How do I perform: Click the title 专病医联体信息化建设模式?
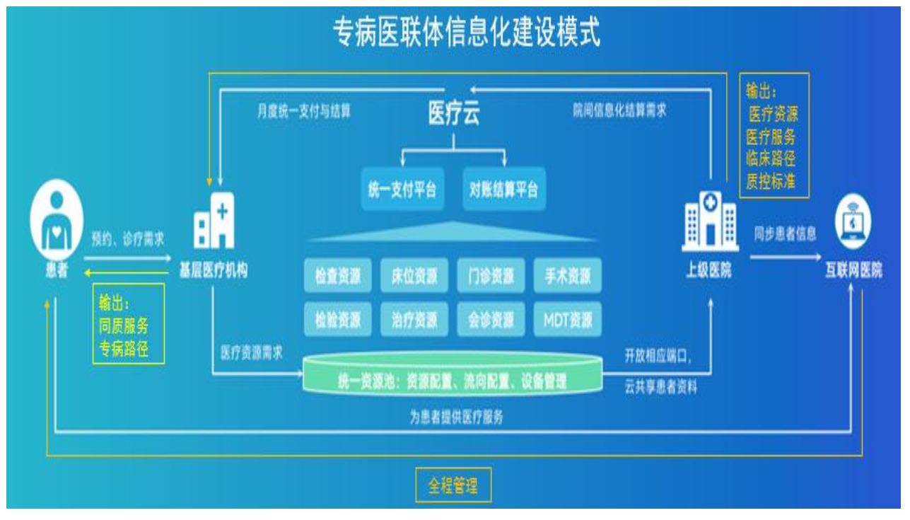[x=467, y=33]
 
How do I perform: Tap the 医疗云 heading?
[x=454, y=114]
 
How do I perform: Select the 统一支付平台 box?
[x=402, y=190]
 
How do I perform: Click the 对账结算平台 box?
[x=504, y=190]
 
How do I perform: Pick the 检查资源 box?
[x=338, y=276]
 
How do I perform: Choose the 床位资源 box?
[x=414, y=276]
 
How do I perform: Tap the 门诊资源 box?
[x=491, y=276]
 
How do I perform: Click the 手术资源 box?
[x=567, y=276]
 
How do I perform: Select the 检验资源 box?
[x=338, y=320]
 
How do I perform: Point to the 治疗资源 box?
[x=414, y=320]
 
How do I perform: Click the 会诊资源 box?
[x=491, y=320]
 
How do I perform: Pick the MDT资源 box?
[x=567, y=320]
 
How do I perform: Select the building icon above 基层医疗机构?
[x=214, y=220]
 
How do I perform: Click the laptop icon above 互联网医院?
[x=853, y=221]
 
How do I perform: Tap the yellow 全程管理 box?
[x=453, y=486]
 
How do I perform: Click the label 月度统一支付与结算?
[x=304, y=112]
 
